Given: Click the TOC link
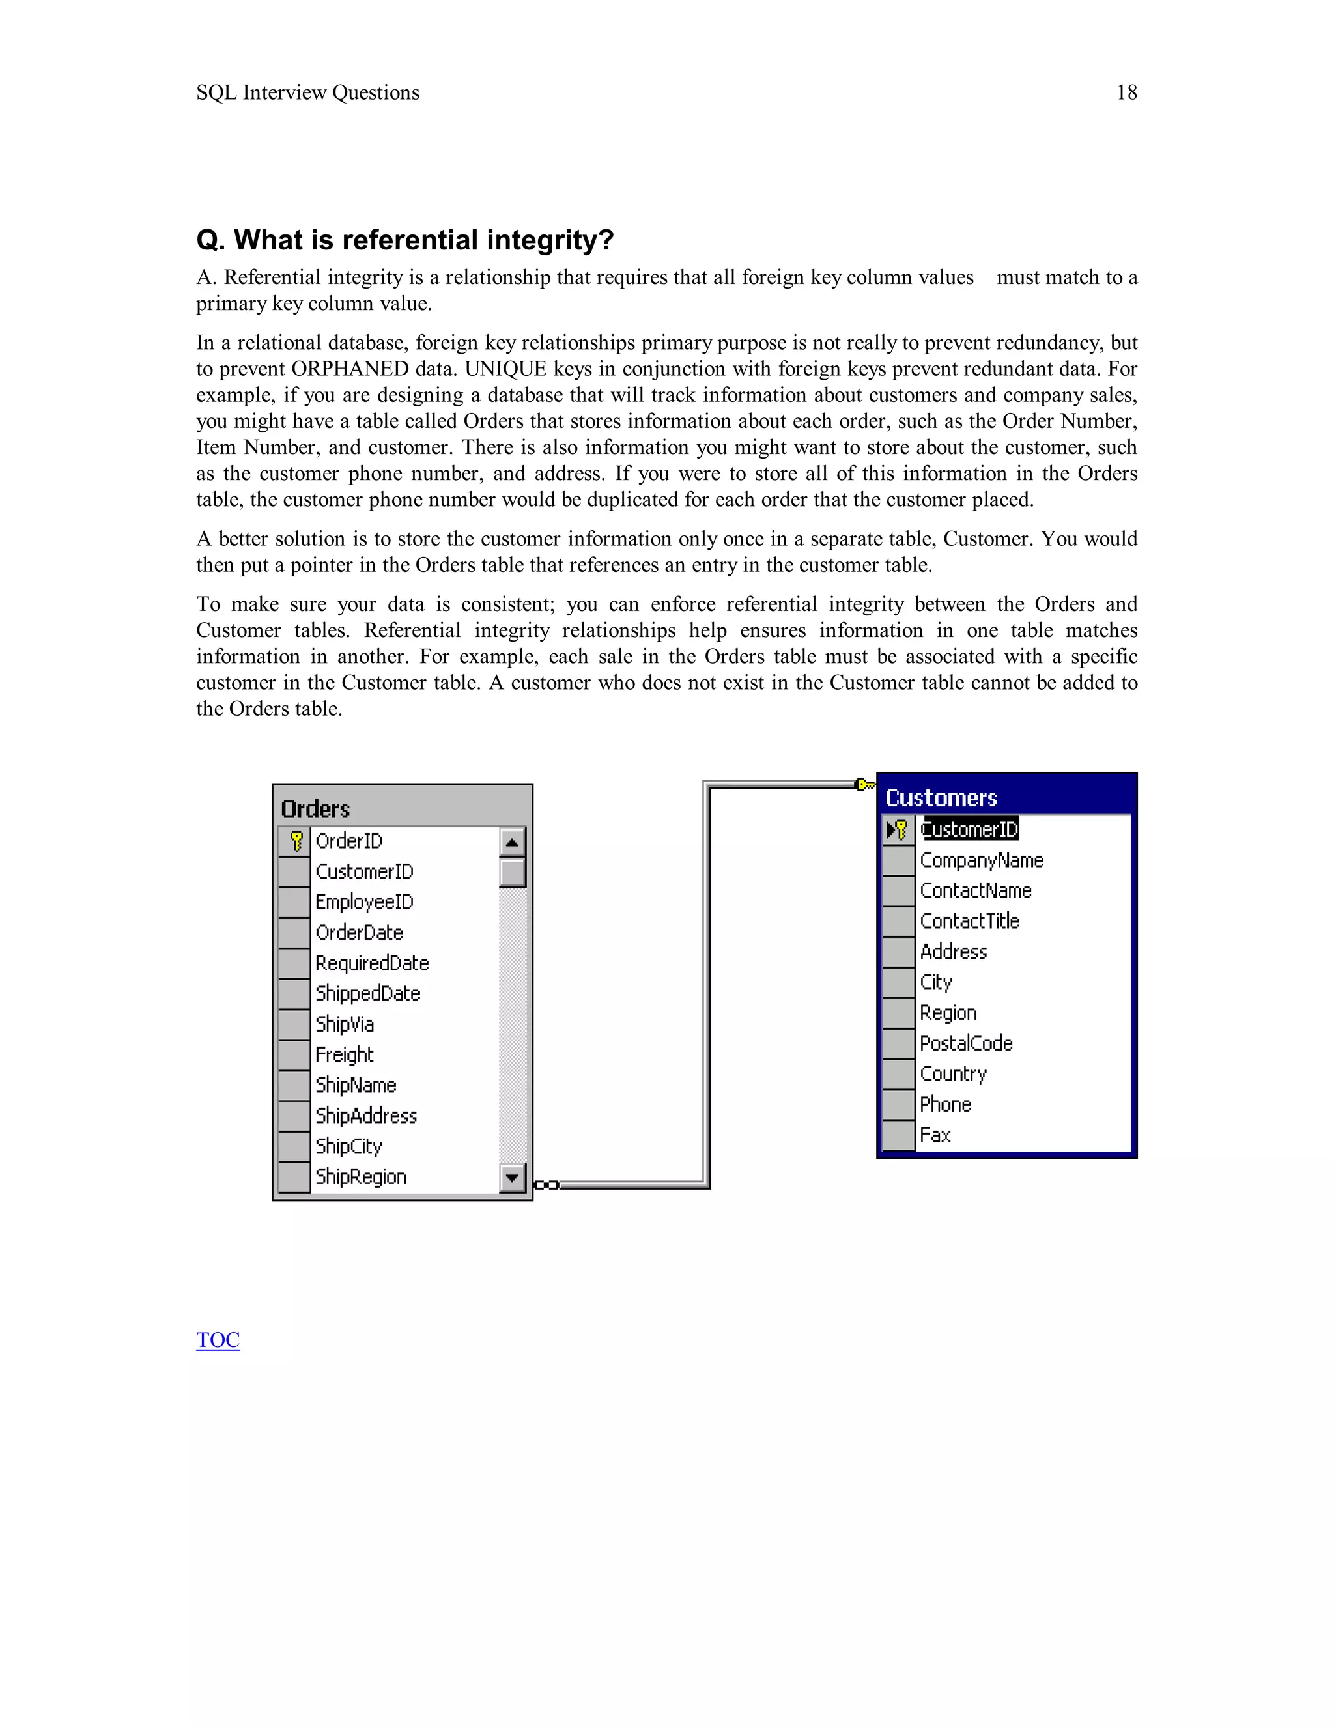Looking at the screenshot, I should click(x=218, y=1340).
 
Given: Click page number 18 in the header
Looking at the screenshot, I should click(x=1126, y=92).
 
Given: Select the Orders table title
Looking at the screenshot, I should click(x=315, y=808).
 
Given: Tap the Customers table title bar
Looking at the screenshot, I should click(x=1005, y=797).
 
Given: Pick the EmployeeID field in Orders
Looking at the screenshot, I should click(x=364, y=901).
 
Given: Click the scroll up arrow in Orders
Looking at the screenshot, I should click(x=512, y=842).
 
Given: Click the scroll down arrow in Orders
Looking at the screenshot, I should click(x=512, y=1178).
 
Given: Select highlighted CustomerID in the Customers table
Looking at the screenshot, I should click(x=970, y=829).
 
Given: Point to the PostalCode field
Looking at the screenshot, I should click(x=966, y=1043).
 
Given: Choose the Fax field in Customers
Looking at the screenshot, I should click(x=935, y=1135).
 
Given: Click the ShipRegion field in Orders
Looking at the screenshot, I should click(x=360, y=1177).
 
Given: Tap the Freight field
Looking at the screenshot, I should click(x=344, y=1054).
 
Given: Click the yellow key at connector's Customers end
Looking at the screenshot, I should click(x=866, y=784).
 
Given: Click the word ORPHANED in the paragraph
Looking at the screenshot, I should click(x=349, y=369).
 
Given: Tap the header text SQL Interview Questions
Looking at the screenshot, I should click(x=307, y=92).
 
